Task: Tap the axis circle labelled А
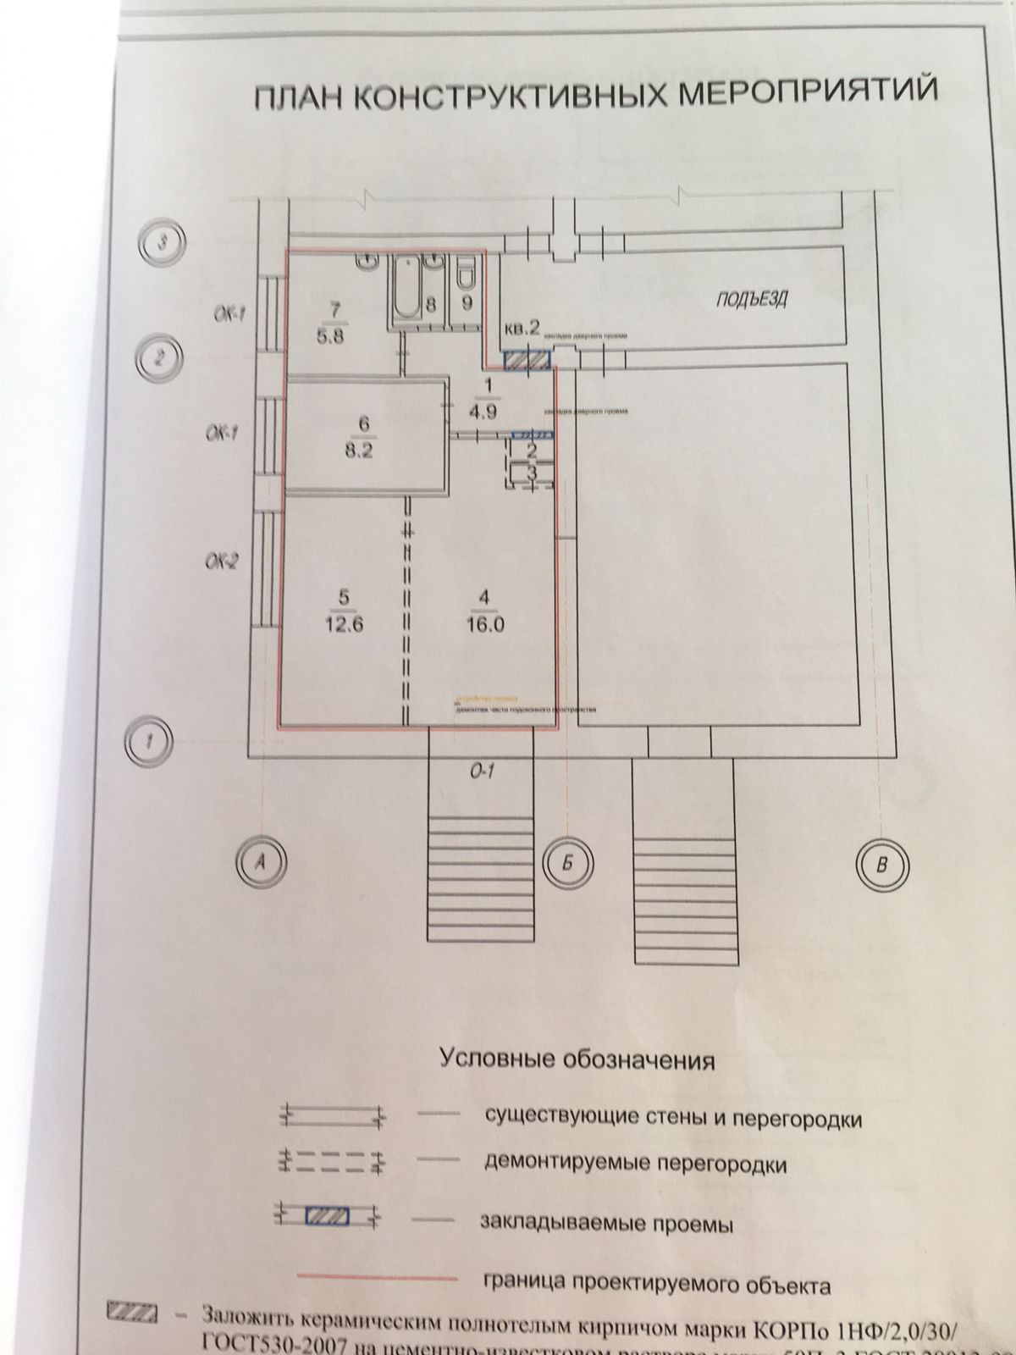pyautogui.click(x=262, y=864)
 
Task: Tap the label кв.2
pyautogui.click(x=522, y=328)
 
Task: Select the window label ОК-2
pyautogui.click(x=224, y=560)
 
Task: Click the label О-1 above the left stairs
pyautogui.click(x=483, y=772)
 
